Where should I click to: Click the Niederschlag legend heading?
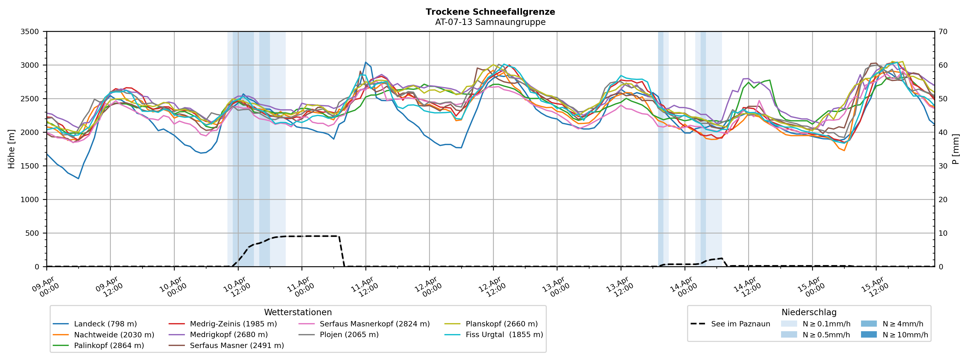click(809, 312)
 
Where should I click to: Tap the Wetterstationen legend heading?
click(298, 312)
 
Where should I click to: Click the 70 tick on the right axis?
click(943, 32)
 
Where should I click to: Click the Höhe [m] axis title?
click(12, 149)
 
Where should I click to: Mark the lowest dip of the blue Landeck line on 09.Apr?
click(78, 178)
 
